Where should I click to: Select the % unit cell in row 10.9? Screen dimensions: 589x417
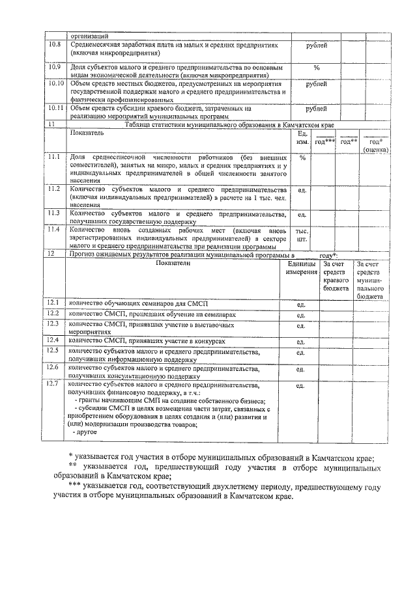click(317, 67)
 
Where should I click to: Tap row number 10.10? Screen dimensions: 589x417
click(55, 85)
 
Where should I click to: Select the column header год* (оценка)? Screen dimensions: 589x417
click(376, 145)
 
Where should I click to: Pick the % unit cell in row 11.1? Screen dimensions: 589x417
click(302, 158)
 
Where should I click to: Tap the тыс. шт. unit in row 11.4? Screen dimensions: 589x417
click(302, 235)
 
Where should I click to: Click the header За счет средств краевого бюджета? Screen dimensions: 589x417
click(336, 276)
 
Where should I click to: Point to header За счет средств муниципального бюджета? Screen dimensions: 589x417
click(369, 280)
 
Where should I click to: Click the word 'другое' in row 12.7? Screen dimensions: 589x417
click(86, 432)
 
